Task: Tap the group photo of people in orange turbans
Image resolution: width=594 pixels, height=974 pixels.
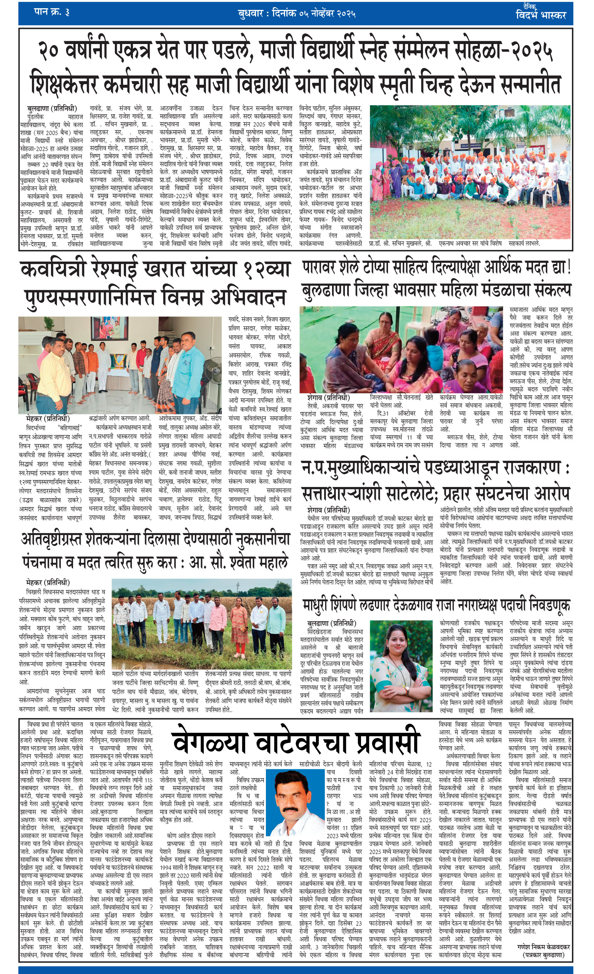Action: click(x=469, y=172)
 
